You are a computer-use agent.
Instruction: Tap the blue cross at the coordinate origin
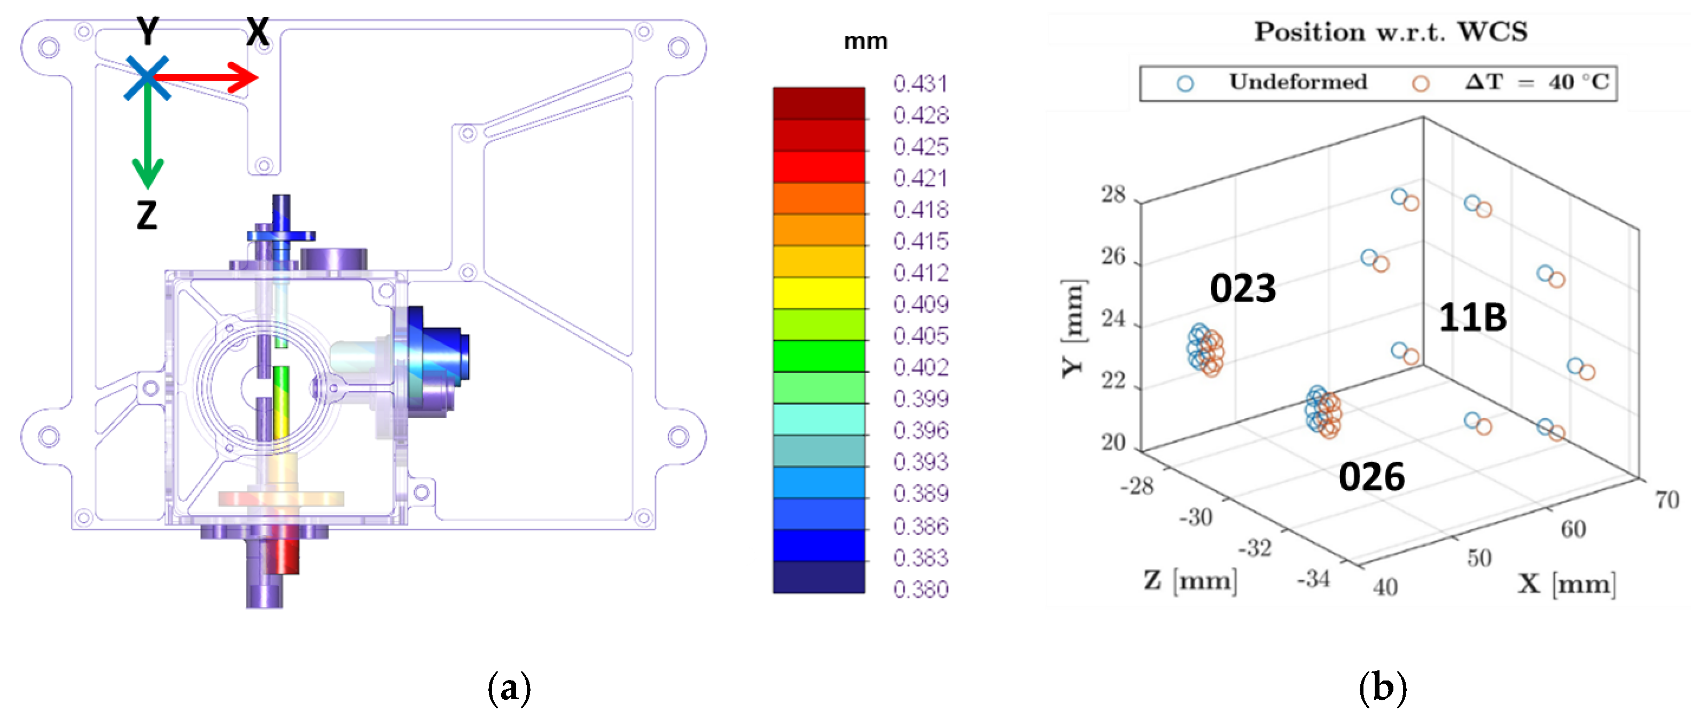pyautogui.click(x=147, y=78)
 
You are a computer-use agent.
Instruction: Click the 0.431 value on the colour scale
pyautogui.click(x=921, y=83)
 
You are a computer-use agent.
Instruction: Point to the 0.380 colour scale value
pyautogui.click(x=921, y=589)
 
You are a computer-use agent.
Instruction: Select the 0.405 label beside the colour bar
pyautogui.click(x=921, y=336)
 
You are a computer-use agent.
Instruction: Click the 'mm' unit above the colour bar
pyautogui.click(x=865, y=41)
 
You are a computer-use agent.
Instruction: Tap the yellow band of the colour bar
pyautogui.click(x=819, y=293)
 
